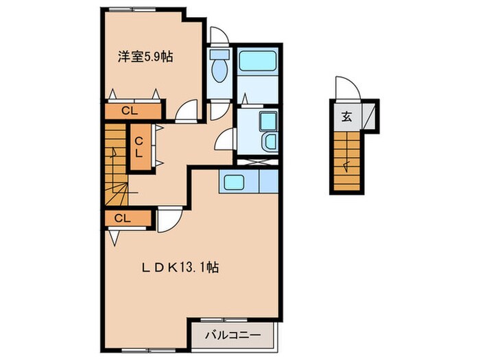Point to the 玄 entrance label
[x=346, y=116]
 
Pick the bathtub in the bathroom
[x=256, y=62]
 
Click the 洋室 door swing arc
[x=187, y=111]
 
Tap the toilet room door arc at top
[x=219, y=36]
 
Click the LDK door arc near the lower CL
[x=168, y=219]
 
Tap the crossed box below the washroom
[x=256, y=161]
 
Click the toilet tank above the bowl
[x=219, y=54]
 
